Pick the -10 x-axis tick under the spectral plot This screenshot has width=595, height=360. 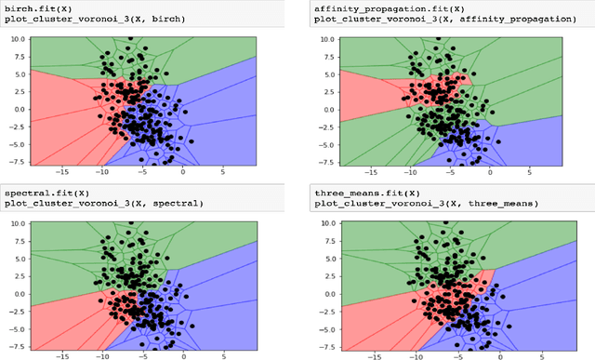click(103, 355)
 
